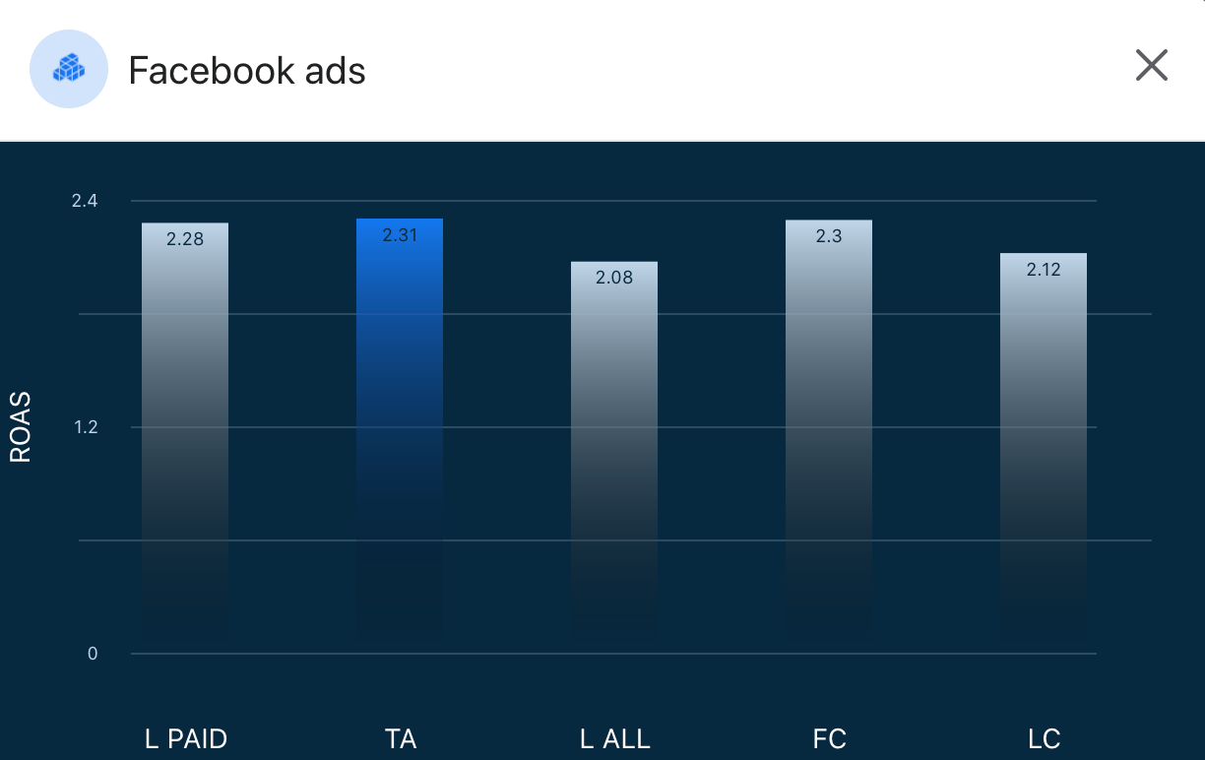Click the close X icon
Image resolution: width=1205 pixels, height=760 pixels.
point(1151,66)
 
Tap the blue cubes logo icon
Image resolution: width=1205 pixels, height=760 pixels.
point(69,68)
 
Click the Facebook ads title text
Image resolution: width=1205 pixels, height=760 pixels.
point(247,71)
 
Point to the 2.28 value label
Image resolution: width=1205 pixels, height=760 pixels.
point(185,238)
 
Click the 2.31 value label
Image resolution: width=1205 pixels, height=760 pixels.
point(400,234)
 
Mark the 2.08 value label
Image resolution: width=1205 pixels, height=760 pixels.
point(614,278)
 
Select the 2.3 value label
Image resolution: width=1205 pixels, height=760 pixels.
point(829,235)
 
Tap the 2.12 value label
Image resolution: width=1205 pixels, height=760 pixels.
point(1044,269)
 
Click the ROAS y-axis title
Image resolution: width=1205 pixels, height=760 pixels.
point(21,427)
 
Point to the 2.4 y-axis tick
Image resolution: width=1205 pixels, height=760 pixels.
point(85,201)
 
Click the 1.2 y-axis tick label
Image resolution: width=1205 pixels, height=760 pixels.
point(85,427)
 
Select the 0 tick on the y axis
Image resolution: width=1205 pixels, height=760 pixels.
point(93,654)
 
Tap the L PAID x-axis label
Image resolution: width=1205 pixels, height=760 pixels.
point(185,738)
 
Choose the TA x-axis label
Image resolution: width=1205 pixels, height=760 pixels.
point(400,738)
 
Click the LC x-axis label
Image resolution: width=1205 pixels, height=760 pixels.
point(1044,738)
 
